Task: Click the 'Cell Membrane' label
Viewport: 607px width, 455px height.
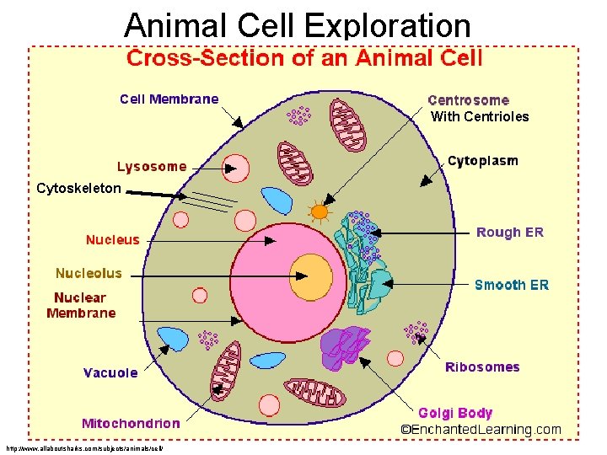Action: pyautogui.click(x=169, y=99)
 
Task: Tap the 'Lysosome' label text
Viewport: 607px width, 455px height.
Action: pyautogui.click(x=152, y=167)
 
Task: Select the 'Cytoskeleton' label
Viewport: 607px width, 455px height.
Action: pyautogui.click(x=78, y=189)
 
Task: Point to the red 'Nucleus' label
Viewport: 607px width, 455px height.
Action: pyautogui.click(x=112, y=240)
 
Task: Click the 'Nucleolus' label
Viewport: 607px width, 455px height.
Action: pyautogui.click(x=89, y=274)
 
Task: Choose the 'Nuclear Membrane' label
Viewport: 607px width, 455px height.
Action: pyautogui.click(x=81, y=305)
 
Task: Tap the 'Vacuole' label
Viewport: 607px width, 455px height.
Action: pyautogui.click(x=110, y=372)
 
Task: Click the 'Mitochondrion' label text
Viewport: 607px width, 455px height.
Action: pyautogui.click(x=131, y=423)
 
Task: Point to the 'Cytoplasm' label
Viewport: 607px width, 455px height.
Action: pyautogui.click(x=483, y=161)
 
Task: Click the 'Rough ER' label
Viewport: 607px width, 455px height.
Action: pyautogui.click(x=510, y=233)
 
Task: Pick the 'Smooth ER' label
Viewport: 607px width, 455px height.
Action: pyautogui.click(x=512, y=285)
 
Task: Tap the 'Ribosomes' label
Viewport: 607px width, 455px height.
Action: pyautogui.click(x=482, y=367)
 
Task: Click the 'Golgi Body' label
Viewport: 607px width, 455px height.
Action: pyautogui.click(x=455, y=413)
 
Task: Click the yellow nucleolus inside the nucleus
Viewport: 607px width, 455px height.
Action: pyautogui.click(x=314, y=274)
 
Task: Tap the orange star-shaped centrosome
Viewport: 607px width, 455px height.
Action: pyautogui.click(x=320, y=211)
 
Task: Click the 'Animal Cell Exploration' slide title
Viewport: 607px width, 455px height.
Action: pyautogui.click(x=297, y=25)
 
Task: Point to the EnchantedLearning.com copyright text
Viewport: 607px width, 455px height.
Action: pyautogui.click(x=481, y=430)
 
